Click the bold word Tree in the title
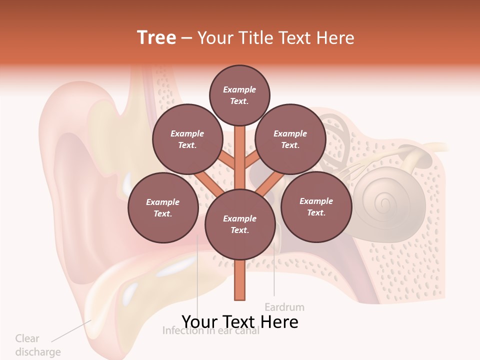tap(156, 37)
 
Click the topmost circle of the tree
tap(239, 95)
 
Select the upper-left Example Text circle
tap(187, 139)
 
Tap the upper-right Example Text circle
tap(290, 139)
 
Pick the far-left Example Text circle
tap(162, 207)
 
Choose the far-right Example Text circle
tap(316, 206)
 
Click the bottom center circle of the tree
tap(240, 224)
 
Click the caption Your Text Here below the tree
tap(240, 321)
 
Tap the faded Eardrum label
tap(284, 306)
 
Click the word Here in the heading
tap(335, 38)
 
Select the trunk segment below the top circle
tap(240, 150)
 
